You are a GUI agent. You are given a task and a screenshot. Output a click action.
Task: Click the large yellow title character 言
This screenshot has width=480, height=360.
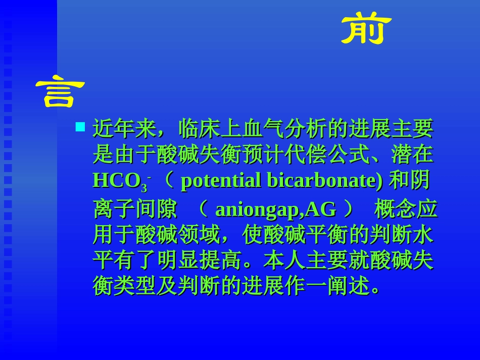tap(60, 93)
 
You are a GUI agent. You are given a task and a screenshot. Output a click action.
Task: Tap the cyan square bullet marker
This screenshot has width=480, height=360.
tap(80, 126)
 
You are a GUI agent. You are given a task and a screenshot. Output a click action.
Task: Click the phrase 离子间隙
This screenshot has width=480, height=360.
tap(135, 209)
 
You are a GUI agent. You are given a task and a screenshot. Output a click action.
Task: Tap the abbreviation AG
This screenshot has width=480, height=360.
tap(321, 209)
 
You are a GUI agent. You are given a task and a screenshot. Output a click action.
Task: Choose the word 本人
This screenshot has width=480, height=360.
tap(284, 261)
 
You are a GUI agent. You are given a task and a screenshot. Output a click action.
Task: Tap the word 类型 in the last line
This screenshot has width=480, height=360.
tap(135, 286)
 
